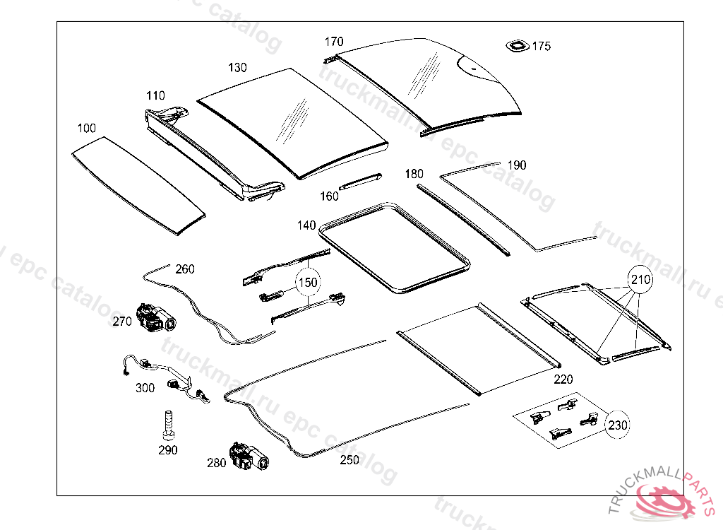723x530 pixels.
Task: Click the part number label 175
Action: click(542, 47)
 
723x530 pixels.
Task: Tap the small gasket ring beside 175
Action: click(517, 46)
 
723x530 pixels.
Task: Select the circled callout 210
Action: click(640, 280)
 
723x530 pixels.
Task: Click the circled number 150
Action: click(308, 282)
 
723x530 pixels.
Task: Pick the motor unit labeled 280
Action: click(248, 457)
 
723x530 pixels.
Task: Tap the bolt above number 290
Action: click(168, 424)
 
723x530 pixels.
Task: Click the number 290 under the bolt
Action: click(168, 450)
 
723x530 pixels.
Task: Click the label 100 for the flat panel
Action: click(87, 128)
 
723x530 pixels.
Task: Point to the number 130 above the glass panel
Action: click(237, 68)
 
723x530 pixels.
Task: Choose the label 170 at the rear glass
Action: click(334, 42)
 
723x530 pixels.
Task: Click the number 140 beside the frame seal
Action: click(306, 225)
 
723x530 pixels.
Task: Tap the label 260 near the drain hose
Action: click(184, 269)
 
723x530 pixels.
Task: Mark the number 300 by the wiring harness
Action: click(145, 388)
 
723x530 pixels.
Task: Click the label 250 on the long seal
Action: click(349, 460)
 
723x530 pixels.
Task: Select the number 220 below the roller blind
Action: click(563, 379)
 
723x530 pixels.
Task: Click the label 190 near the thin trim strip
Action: click(517, 165)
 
